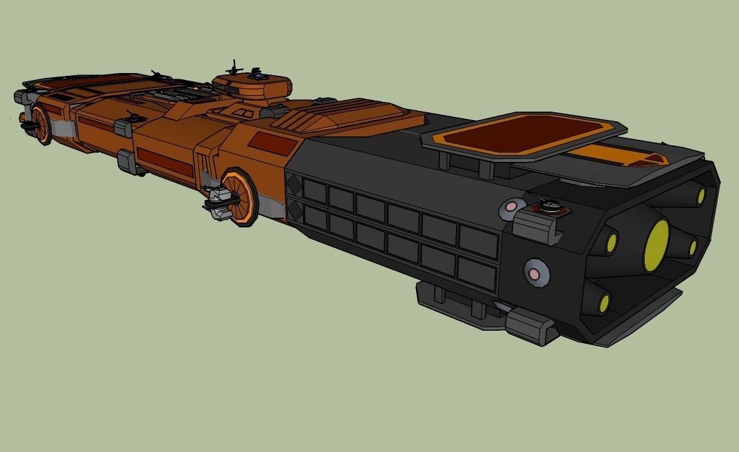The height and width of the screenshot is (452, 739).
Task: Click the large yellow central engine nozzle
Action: tap(656, 245)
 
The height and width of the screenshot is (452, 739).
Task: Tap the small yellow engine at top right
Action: tap(700, 196)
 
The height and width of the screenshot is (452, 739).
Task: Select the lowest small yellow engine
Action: tap(604, 302)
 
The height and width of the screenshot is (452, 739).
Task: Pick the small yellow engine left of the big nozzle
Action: tap(611, 241)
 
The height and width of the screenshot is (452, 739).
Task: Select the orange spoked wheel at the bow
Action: tap(42, 125)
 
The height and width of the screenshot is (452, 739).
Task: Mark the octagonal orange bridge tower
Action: tap(252, 87)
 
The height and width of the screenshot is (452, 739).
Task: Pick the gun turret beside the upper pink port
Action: tap(550, 205)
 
